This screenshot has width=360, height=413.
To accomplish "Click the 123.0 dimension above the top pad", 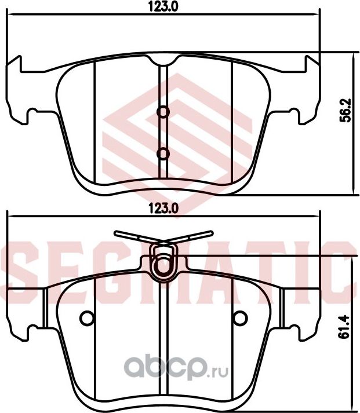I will [158, 7].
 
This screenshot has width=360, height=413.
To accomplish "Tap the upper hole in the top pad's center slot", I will [163, 112].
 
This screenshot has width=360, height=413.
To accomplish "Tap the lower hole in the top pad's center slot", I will [163, 153].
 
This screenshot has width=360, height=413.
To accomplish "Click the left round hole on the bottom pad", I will [87, 318].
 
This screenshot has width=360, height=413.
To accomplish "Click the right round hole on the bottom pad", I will [238, 318].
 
